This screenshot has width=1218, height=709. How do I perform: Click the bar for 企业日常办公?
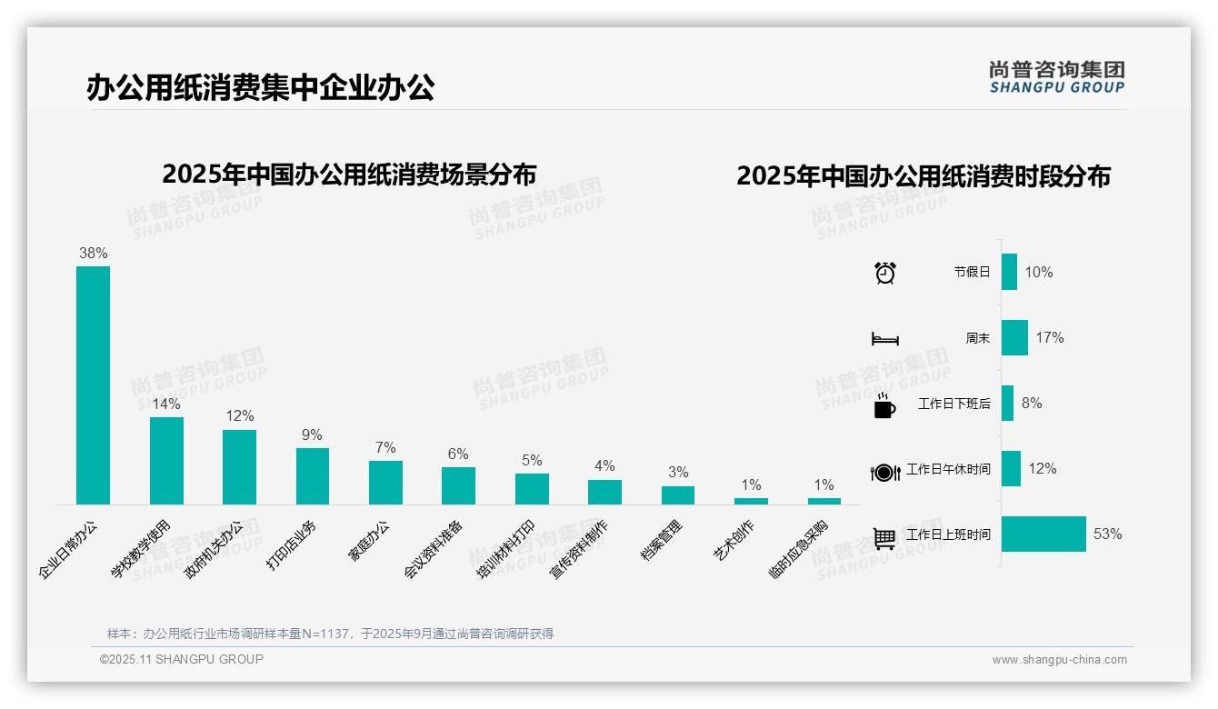point(93,384)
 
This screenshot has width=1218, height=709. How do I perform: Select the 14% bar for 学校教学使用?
point(166,460)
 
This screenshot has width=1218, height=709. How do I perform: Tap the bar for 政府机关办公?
point(239,466)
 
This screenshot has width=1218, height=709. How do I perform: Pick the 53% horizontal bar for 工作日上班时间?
point(1043,534)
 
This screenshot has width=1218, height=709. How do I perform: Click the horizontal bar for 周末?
point(1014,337)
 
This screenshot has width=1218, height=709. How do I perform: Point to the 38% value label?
point(93,254)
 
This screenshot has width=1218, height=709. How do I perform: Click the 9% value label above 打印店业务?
point(312,435)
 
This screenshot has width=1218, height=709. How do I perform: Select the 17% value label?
point(1049,337)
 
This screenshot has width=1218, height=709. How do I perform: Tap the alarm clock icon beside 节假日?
point(885,272)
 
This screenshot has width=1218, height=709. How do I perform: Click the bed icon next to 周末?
point(885,339)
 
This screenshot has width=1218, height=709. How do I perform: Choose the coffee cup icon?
point(884,405)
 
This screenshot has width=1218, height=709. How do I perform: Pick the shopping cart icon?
point(884,538)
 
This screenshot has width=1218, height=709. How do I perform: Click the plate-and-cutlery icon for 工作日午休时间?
point(885,472)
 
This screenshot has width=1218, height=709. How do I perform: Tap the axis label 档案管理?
point(663,540)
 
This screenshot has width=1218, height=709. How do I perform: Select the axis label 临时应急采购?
point(798,549)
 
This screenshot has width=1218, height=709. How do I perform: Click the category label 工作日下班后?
point(953,404)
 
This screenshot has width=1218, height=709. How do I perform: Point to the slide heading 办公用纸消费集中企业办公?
point(261,87)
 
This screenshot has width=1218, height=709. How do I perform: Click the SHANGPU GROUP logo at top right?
point(1056,77)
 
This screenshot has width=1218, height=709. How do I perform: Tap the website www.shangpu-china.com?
point(1059,660)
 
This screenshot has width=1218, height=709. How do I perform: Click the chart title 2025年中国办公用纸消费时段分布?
point(923,176)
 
